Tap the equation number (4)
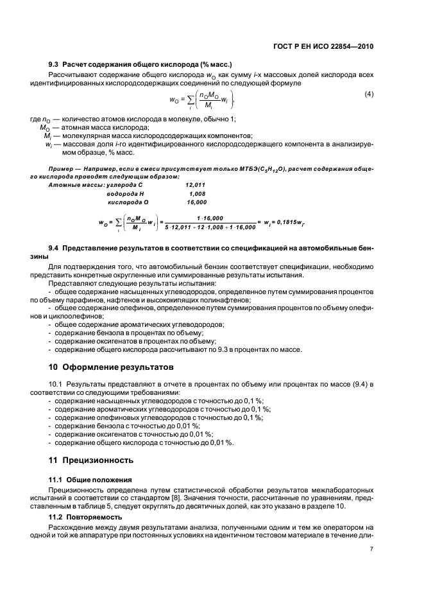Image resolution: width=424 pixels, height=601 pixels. point(369,95)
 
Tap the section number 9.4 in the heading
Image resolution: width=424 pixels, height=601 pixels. point(55,248)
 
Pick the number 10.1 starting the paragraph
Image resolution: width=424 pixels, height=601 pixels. point(56,383)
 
